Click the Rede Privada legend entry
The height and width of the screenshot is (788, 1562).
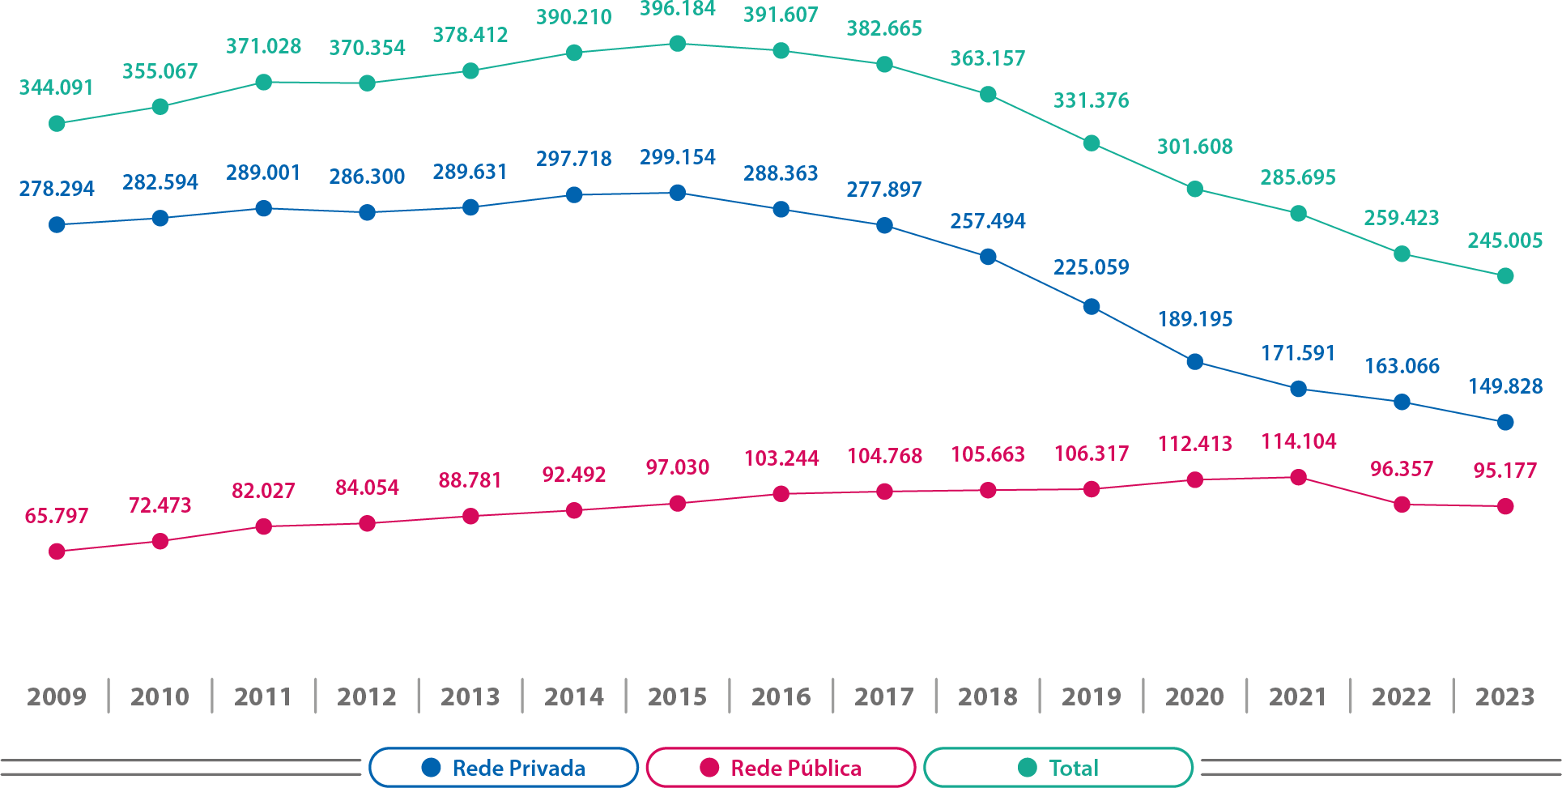pyautogui.click(x=504, y=768)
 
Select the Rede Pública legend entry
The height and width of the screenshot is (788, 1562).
pyautogui.click(x=781, y=768)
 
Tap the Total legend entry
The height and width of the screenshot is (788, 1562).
pyautogui.click(x=1058, y=768)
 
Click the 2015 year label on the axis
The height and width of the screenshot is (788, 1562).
pyautogui.click(x=677, y=696)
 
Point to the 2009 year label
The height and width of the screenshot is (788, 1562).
pyautogui.click(x=57, y=696)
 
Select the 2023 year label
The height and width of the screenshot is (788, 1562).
pyautogui.click(x=1505, y=696)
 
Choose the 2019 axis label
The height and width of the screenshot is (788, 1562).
pyautogui.click(x=1091, y=696)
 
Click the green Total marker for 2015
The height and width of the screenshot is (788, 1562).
pyautogui.click(x=678, y=44)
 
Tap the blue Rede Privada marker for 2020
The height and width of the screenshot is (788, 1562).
pyautogui.click(x=1194, y=361)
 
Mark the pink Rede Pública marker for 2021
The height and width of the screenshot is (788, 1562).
pyautogui.click(x=1298, y=478)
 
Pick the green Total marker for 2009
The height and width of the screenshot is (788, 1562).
pyautogui.click(x=57, y=124)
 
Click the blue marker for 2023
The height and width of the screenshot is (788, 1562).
pyautogui.click(x=1505, y=422)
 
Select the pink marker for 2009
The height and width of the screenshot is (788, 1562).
pyautogui.click(x=57, y=552)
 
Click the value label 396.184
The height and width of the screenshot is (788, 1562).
pyautogui.click(x=678, y=10)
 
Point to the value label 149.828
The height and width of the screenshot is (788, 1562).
pyautogui.click(x=1505, y=386)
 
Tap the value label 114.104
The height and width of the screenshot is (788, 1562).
pyautogui.click(x=1298, y=441)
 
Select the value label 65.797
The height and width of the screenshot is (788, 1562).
pyautogui.click(x=57, y=516)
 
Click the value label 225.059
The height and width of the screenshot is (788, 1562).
pyautogui.click(x=1091, y=267)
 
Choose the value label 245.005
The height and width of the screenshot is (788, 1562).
pyautogui.click(x=1505, y=241)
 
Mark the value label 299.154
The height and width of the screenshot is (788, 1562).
pyautogui.click(x=678, y=157)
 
